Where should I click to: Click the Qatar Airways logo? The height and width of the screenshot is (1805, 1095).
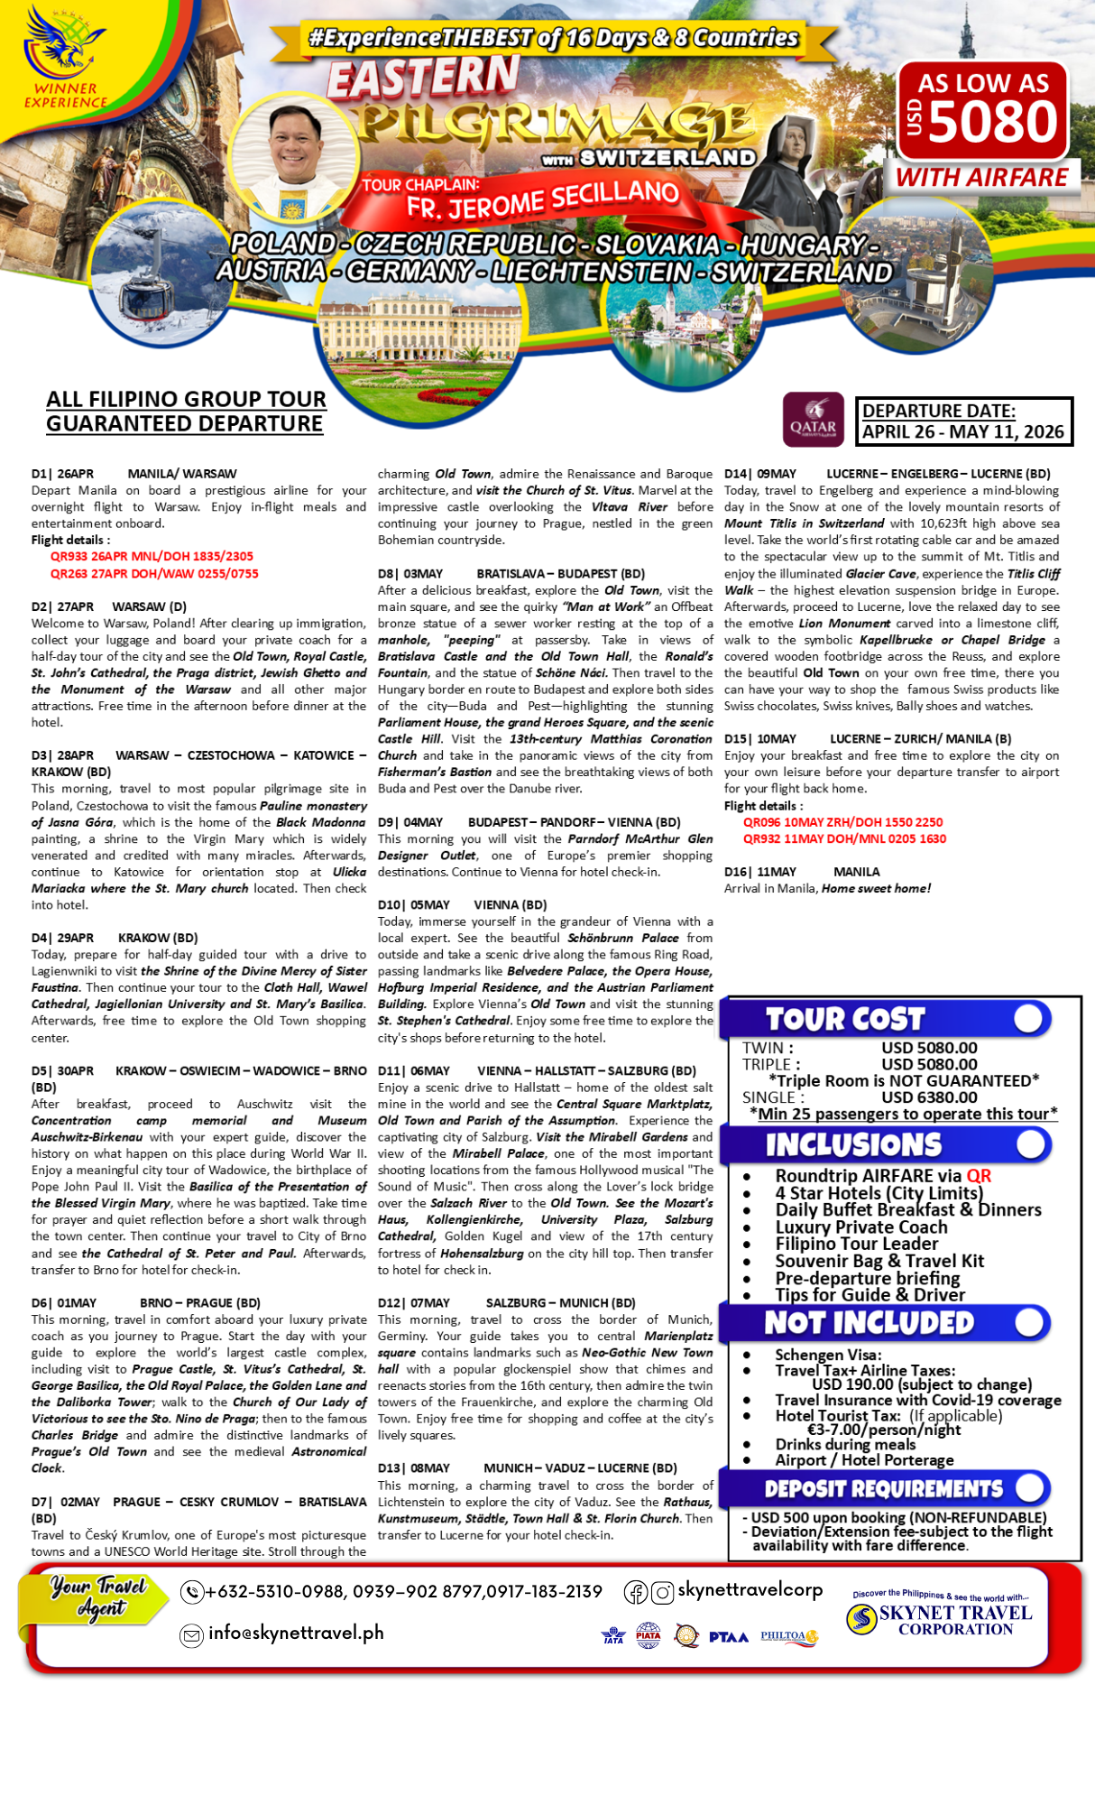(813, 420)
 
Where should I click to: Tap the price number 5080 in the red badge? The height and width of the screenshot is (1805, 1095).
(992, 122)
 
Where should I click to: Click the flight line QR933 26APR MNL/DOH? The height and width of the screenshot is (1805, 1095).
(152, 557)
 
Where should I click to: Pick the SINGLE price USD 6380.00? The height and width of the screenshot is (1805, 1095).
(929, 1097)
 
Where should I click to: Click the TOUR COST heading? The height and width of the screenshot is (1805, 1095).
(845, 1019)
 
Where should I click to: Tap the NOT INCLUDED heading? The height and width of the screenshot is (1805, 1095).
(869, 1323)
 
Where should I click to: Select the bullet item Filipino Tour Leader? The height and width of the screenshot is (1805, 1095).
(856, 1244)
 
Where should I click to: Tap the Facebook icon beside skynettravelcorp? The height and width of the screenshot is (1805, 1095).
(636, 1593)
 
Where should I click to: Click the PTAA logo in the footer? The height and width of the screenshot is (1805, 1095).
(728, 1637)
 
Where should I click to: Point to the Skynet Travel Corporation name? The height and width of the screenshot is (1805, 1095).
(955, 1620)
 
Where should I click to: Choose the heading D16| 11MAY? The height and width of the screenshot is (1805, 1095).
(760, 872)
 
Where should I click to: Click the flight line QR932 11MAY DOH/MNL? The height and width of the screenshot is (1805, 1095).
(844, 839)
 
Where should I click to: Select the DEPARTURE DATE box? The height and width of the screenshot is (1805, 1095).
(963, 421)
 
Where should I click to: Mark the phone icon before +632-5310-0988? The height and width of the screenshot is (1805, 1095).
(191, 1593)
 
